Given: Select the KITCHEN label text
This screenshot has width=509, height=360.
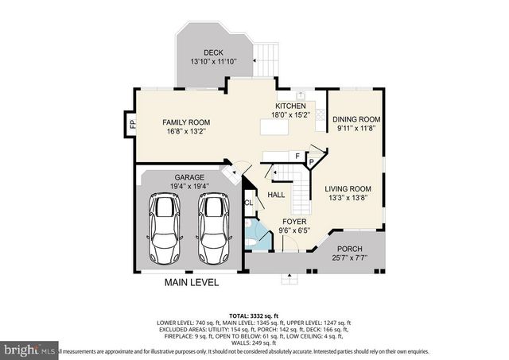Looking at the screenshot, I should click(x=291, y=106).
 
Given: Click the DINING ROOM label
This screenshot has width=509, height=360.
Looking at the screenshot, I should click(x=357, y=119).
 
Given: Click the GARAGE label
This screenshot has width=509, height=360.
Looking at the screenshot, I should click(x=190, y=177).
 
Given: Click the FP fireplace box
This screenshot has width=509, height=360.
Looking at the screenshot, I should click(x=132, y=124).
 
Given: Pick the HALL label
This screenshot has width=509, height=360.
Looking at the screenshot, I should click(x=276, y=194).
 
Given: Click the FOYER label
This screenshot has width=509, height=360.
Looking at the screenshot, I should click(x=293, y=222).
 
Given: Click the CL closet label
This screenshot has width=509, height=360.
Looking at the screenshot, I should click(x=248, y=203).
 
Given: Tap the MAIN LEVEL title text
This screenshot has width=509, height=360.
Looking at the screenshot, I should click(x=191, y=282).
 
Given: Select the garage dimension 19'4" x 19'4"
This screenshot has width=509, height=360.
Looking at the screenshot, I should click(x=190, y=186).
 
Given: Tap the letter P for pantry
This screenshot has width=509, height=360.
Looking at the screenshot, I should click(x=312, y=161).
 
